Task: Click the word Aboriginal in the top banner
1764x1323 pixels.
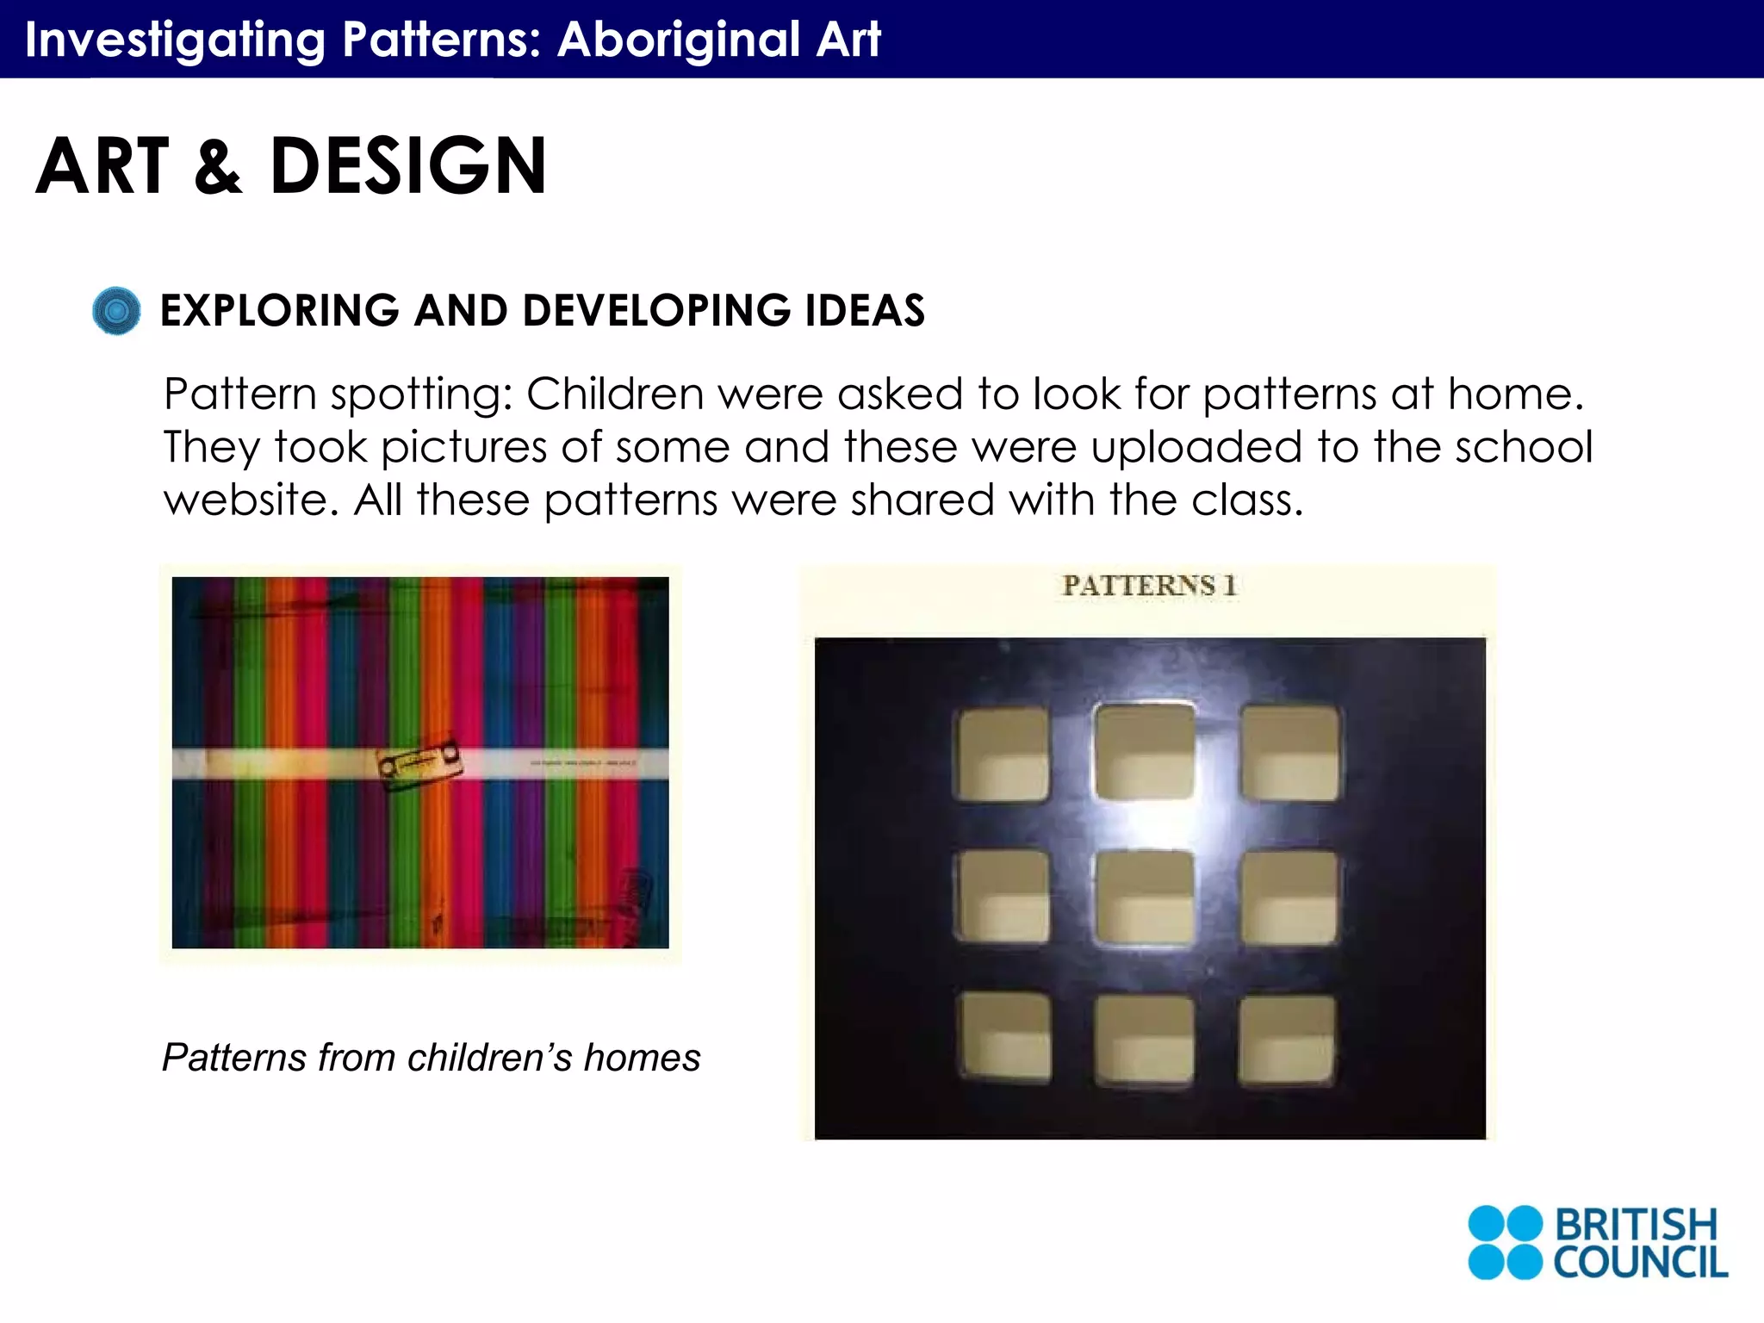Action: tap(679, 40)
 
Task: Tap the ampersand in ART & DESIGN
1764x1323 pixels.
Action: tap(219, 167)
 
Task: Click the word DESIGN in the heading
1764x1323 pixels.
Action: tap(408, 165)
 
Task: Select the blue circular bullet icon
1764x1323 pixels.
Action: tap(116, 311)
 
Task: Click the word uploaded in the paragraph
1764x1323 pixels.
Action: tap(1196, 447)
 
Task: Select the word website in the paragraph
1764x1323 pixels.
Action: tap(246, 500)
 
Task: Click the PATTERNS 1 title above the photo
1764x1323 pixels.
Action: tap(1149, 586)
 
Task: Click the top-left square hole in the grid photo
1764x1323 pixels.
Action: tap(1002, 754)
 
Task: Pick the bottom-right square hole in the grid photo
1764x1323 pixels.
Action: tap(1287, 1039)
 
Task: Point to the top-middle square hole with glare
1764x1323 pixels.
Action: tap(1146, 751)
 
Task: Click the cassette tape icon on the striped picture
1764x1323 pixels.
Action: tap(419, 763)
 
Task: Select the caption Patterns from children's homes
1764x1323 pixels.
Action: tap(431, 1058)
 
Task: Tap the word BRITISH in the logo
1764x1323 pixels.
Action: tap(1635, 1224)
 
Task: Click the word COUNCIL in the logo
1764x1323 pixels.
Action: tap(1639, 1263)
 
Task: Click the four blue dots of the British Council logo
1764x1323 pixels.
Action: tap(1505, 1242)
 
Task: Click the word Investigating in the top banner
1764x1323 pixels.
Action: tap(175, 40)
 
